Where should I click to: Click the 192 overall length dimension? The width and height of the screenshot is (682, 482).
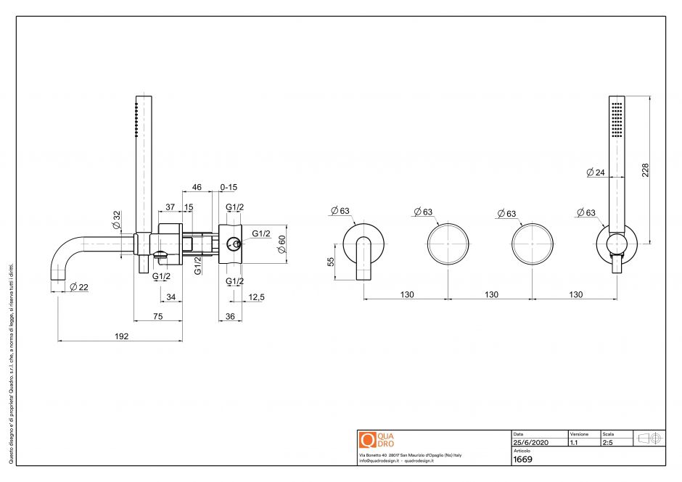click(x=121, y=336)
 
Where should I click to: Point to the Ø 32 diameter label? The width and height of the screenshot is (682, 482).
click(x=117, y=219)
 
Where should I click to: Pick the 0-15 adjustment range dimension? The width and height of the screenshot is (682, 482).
click(x=229, y=187)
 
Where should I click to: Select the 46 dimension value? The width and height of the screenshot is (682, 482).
click(x=197, y=187)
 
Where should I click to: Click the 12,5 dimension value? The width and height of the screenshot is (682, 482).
click(x=255, y=296)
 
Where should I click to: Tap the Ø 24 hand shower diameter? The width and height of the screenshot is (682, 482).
click(x=595, y=173)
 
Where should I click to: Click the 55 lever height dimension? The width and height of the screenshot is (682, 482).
click(x=332, y=262)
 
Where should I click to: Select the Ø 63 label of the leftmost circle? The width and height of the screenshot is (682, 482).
click(x=340, y=211)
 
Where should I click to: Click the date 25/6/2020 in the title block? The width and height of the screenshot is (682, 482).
click(x=530, y=442)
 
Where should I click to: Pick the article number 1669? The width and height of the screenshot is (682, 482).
click(x=523, y=459)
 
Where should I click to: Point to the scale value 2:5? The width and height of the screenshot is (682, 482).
click(x=607, y=442)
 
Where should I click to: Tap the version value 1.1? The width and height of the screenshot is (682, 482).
click(x=574, y=442)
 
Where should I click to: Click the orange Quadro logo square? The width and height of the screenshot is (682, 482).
click(x=367, y=440)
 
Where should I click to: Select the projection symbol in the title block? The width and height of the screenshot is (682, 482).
click(x=649, y=438)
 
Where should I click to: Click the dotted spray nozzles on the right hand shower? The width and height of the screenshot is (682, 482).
click(x=617, y=119)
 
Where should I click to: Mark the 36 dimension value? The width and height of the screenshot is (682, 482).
click(x=229, y=316)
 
